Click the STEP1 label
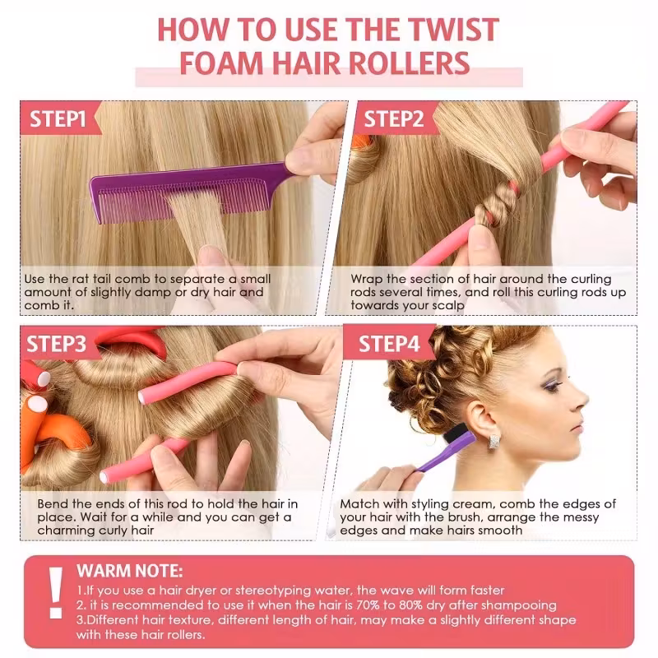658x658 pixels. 58,118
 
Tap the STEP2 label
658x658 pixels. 394,118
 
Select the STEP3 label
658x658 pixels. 56,344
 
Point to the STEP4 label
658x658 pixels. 389,344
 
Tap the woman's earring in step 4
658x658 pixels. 495,442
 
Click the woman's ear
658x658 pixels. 483,422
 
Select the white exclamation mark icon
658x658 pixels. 56,593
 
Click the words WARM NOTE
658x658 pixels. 130,571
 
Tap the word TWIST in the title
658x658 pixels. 454,30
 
